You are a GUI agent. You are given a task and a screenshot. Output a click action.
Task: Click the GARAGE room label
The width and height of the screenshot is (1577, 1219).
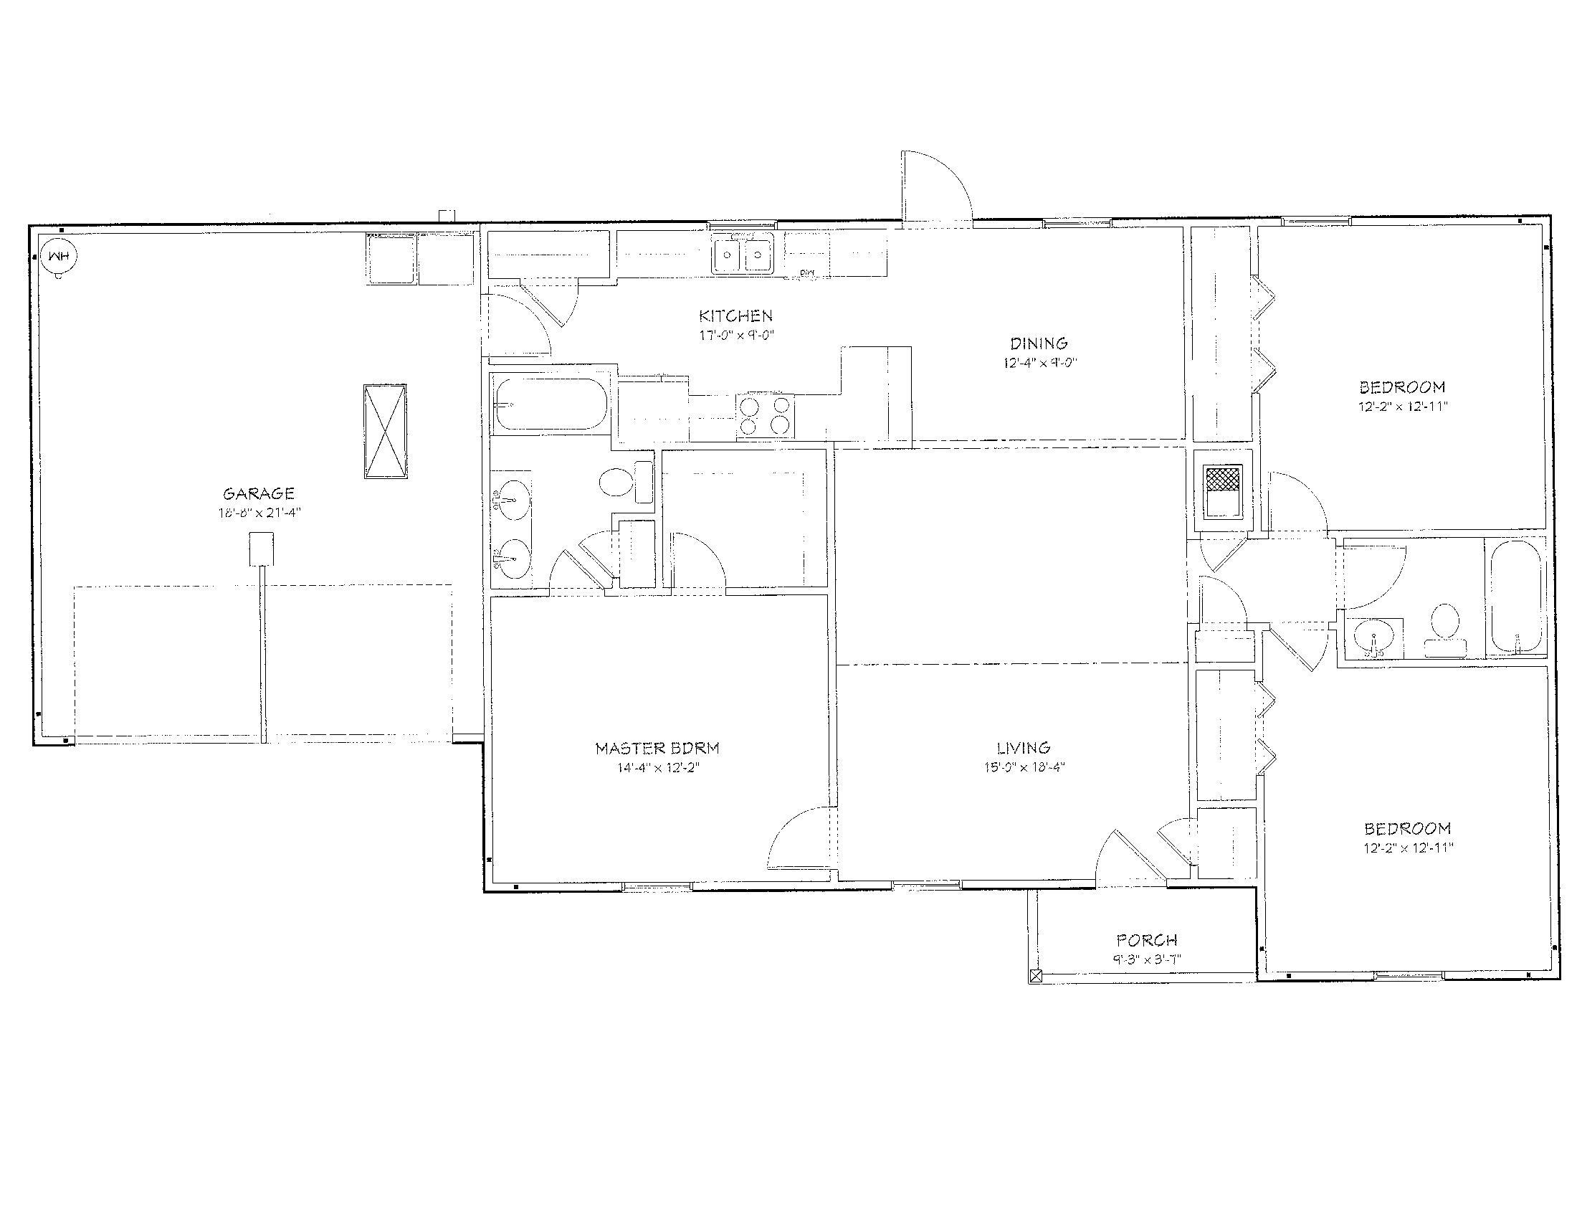click(x=259, y=494)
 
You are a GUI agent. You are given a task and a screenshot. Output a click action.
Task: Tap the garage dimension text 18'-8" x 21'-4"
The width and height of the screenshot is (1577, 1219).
click(x=259, y=513)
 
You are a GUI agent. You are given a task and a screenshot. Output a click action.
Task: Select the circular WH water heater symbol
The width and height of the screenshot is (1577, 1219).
click(x=59, y=257)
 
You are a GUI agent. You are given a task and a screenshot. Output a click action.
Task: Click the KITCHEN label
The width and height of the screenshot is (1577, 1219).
click(x=735, y=316)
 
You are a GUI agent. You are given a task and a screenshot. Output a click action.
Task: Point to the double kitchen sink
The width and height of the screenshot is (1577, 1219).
click(x=743, y=255)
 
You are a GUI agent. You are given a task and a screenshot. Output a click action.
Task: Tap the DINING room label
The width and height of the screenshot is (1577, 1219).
click(x=1039, y=343)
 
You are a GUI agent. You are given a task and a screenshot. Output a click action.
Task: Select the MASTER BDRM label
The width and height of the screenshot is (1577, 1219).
click(x=657, y=748)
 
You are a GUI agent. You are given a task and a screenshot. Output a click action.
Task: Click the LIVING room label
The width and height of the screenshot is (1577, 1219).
click(x=1023, y=748)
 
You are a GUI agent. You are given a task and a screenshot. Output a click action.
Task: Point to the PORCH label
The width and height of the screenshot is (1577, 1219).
click(x=1147, y=940)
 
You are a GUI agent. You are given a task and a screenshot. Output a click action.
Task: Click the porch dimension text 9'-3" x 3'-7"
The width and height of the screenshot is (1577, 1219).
click(x=1147, y=959)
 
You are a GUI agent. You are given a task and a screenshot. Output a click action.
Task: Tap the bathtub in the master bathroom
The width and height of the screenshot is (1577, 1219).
click(x=550, y=404)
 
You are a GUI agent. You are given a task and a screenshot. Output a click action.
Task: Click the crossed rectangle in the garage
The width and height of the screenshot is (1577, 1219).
click(x=385, y=431)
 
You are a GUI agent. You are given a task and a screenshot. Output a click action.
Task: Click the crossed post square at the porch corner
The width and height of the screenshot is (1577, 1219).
click(x=1037, y=977)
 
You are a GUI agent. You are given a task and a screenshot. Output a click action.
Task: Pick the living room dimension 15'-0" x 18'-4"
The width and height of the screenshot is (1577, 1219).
click(x=1023, y=767)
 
